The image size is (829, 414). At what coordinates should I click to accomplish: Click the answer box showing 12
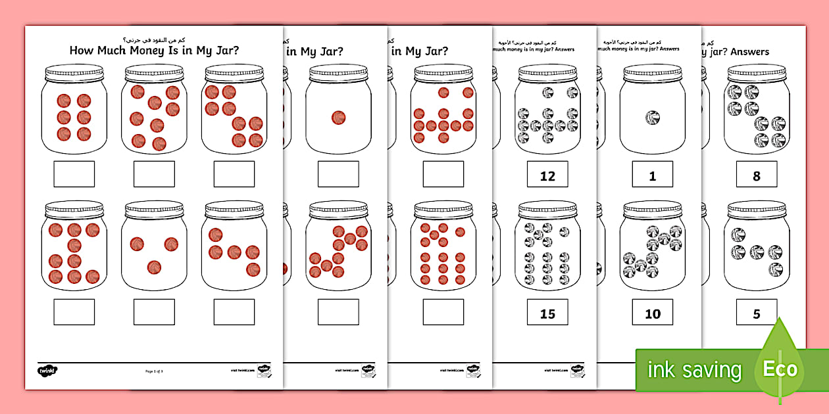tap(547, 175)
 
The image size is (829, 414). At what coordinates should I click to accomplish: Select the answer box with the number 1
tap(653, 175)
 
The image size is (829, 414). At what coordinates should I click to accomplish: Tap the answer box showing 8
tap(756, 175)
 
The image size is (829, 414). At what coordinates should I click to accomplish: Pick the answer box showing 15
tap(547, 313)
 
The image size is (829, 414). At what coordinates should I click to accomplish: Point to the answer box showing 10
tap(653, 313)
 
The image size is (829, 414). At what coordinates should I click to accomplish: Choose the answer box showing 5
tap(756, 313)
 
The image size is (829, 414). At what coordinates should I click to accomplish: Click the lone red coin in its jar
tap(338, 118)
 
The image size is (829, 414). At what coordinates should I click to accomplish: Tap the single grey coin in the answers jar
tap(653, 118)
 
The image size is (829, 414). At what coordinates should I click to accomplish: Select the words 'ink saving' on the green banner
tap(694, 370)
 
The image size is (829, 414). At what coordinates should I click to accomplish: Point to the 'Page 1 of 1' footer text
tap(154, 371)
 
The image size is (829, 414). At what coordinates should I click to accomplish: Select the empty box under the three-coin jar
tap(154, 312)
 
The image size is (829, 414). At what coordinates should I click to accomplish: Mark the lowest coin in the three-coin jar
tap(154, 267)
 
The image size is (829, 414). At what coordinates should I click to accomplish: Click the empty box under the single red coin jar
tap(338, 174)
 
